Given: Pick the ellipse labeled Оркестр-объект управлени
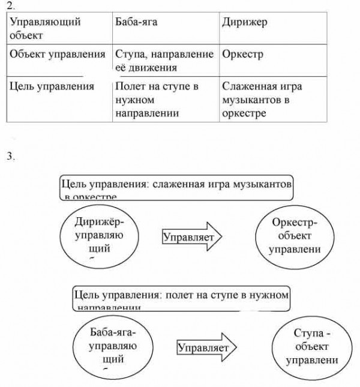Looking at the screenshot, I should pos(294,236).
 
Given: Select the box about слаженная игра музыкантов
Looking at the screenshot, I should pos(176,188).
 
